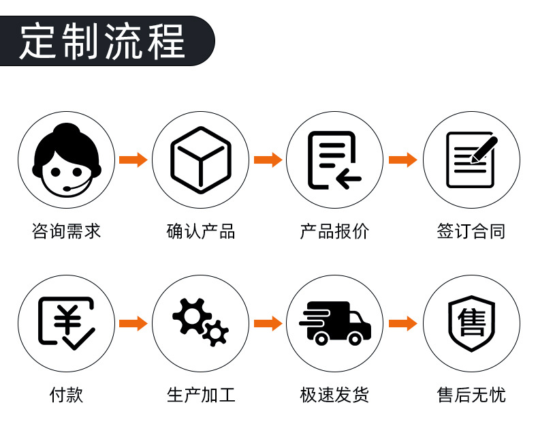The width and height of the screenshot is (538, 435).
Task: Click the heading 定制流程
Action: point(102,41)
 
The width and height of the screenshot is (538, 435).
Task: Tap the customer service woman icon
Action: point(66,160)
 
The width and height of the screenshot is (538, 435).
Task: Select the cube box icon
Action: point(200,160)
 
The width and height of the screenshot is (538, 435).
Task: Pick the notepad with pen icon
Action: point(471,160)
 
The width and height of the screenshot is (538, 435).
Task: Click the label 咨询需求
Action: point(66,231)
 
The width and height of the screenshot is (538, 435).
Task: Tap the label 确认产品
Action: point(200,231)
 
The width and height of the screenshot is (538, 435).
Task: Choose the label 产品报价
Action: point(334,231)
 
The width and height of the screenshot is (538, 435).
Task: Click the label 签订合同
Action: point(471,231)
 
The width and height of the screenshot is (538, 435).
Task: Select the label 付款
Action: point(66,395)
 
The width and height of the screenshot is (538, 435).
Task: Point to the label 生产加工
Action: point(200,395)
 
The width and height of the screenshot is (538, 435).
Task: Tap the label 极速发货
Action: point(334,395)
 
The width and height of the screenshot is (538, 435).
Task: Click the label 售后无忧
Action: point(471,395)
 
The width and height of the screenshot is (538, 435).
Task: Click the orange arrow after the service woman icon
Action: point(133,160)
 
